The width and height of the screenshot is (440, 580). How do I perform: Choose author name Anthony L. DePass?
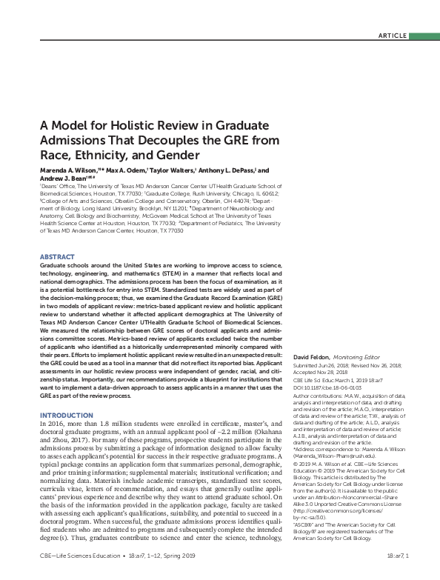point(226,170)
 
